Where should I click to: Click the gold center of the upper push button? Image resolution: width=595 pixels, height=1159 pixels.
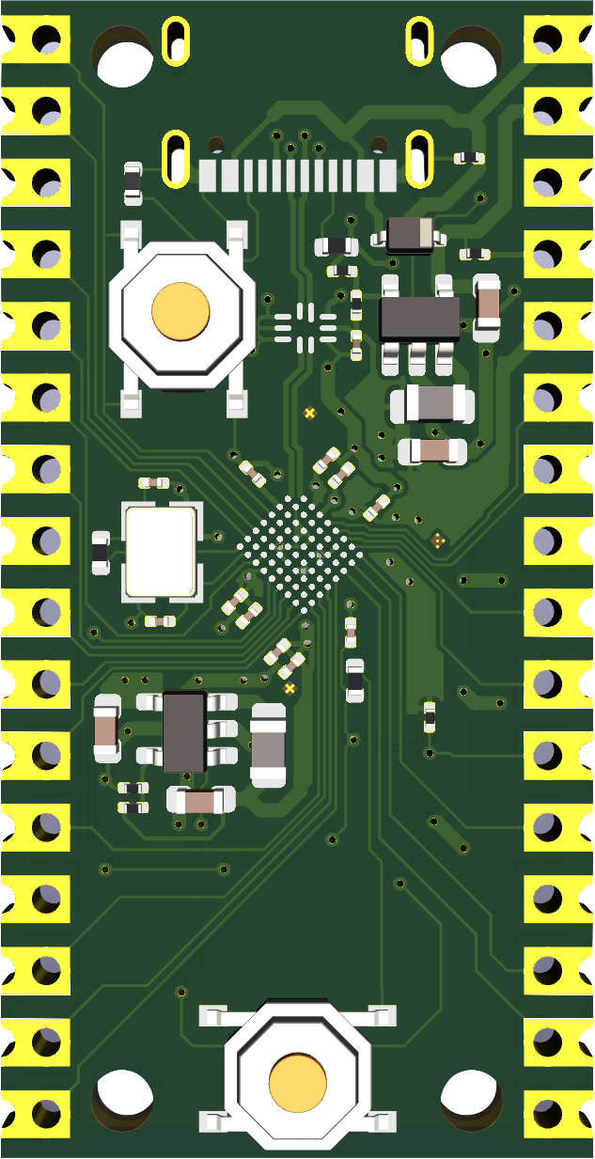point(180,309)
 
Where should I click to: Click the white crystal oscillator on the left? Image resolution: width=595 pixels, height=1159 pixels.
point(161,551)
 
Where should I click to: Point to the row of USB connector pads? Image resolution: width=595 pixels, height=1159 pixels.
point(298,175)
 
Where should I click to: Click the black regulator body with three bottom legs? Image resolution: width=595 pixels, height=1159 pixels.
point(419,319)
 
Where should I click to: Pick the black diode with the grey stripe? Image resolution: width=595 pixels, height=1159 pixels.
point(410,232)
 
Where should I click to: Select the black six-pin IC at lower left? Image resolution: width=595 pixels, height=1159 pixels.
point(184,731)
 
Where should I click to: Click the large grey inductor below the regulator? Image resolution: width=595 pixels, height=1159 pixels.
point(432,405)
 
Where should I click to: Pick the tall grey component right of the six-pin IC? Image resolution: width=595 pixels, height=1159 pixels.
point(268,745)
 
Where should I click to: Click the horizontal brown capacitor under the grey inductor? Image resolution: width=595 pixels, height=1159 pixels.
point(432,451)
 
